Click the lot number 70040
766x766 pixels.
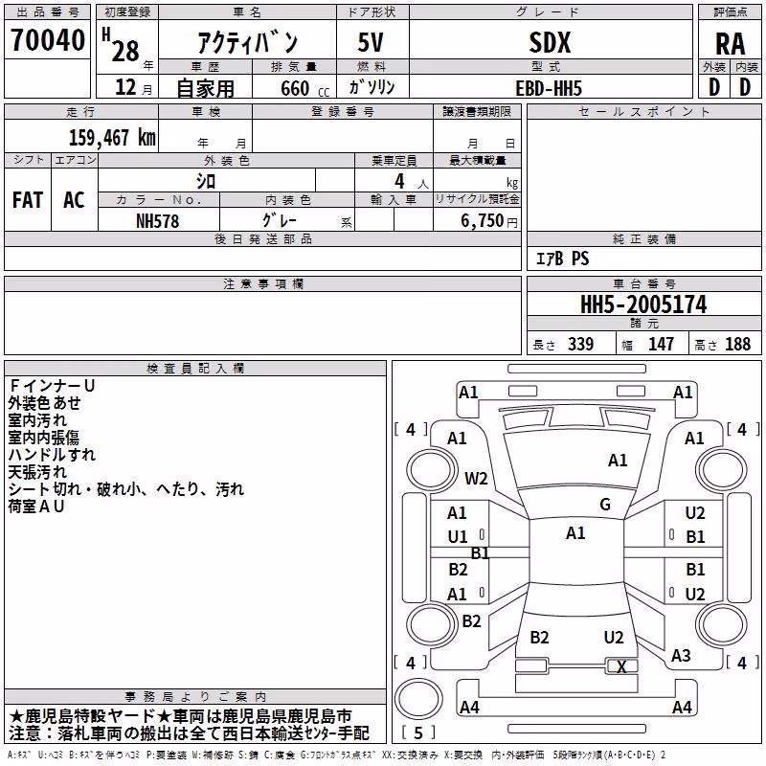[48, 40]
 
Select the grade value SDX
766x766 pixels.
[550, 43]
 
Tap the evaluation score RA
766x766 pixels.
[730, 44]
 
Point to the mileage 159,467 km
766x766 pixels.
[112, 138]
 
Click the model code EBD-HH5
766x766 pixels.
[549, 88]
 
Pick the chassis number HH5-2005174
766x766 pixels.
[643, 304]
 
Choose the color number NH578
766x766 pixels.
[157, 221]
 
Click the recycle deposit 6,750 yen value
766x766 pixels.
[488, 221]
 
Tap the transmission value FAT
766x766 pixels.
[28, 200]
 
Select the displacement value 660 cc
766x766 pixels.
[304, 88]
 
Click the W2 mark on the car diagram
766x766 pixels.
[476, 478]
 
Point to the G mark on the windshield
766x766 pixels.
[605, 505]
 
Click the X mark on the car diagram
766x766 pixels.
[621, 666]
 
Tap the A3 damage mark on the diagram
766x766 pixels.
[681, 655]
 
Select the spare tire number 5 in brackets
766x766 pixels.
[418, 732]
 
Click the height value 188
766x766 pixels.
[737, 344]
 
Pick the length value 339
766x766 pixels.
[580, 344]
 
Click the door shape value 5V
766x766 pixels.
[371, 42]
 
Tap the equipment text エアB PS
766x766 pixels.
[562, 259]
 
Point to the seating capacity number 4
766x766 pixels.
[399, 181]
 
